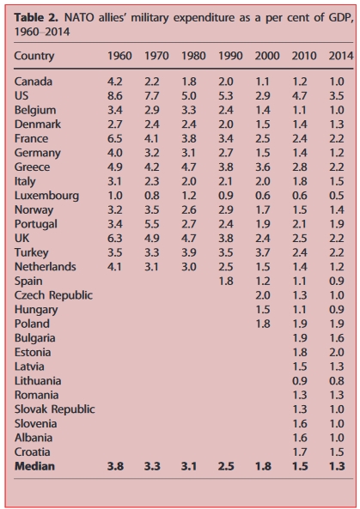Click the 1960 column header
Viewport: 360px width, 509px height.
119,56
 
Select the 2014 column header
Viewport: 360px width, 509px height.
340,56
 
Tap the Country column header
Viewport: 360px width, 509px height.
34,56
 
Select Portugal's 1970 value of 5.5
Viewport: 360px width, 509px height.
153,223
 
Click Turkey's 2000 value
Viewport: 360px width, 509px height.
264,251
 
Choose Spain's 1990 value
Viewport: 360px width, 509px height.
227,280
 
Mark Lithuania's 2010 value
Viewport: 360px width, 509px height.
301,378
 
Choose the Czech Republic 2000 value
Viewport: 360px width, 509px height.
264,294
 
